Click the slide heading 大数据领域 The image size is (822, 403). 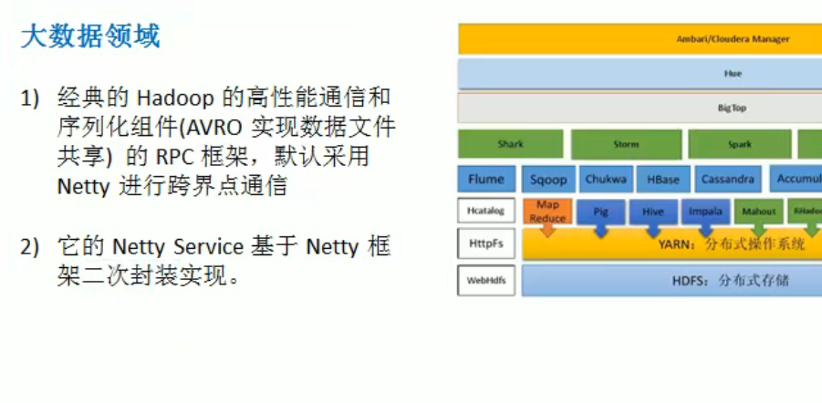point(89,36)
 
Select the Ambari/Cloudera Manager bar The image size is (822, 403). point(640,39)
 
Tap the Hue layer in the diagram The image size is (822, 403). point(640,74)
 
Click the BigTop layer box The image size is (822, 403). point(640,108)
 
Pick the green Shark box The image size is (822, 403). point(511,144)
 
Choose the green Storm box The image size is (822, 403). point(626,144)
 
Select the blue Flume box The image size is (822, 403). point(486,180)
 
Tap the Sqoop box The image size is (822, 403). point(548,180)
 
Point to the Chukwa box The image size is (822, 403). point(606,180)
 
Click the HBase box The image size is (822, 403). point(663,180)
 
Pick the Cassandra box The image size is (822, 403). point(728,180)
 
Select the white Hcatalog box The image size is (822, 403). point(485,212)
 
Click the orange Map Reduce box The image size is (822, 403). point(547,212)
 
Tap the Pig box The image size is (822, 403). point(600,212)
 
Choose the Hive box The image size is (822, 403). point(652,212)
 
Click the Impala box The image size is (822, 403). point(705,212)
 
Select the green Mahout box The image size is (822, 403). point(758,212)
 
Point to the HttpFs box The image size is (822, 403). point(485,244)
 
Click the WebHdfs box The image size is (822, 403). point(485,280)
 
